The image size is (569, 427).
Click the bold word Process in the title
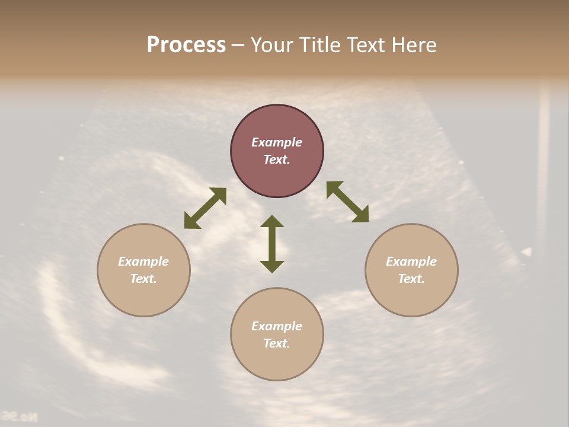click(186, 45)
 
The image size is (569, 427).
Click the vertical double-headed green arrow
click(272, 244)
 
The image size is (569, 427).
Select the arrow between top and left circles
click(205, 208)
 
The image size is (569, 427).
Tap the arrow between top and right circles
click(348, 202)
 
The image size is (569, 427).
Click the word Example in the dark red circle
click(277, 142)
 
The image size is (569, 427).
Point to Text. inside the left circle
click(143, 279)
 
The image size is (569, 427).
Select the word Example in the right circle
click(411, 262)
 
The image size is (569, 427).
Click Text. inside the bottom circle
click(277, 343)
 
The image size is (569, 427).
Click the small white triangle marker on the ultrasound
click(526, 252)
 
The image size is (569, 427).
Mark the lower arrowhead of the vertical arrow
click(272, 266)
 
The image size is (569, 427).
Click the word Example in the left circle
click(143, 262)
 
